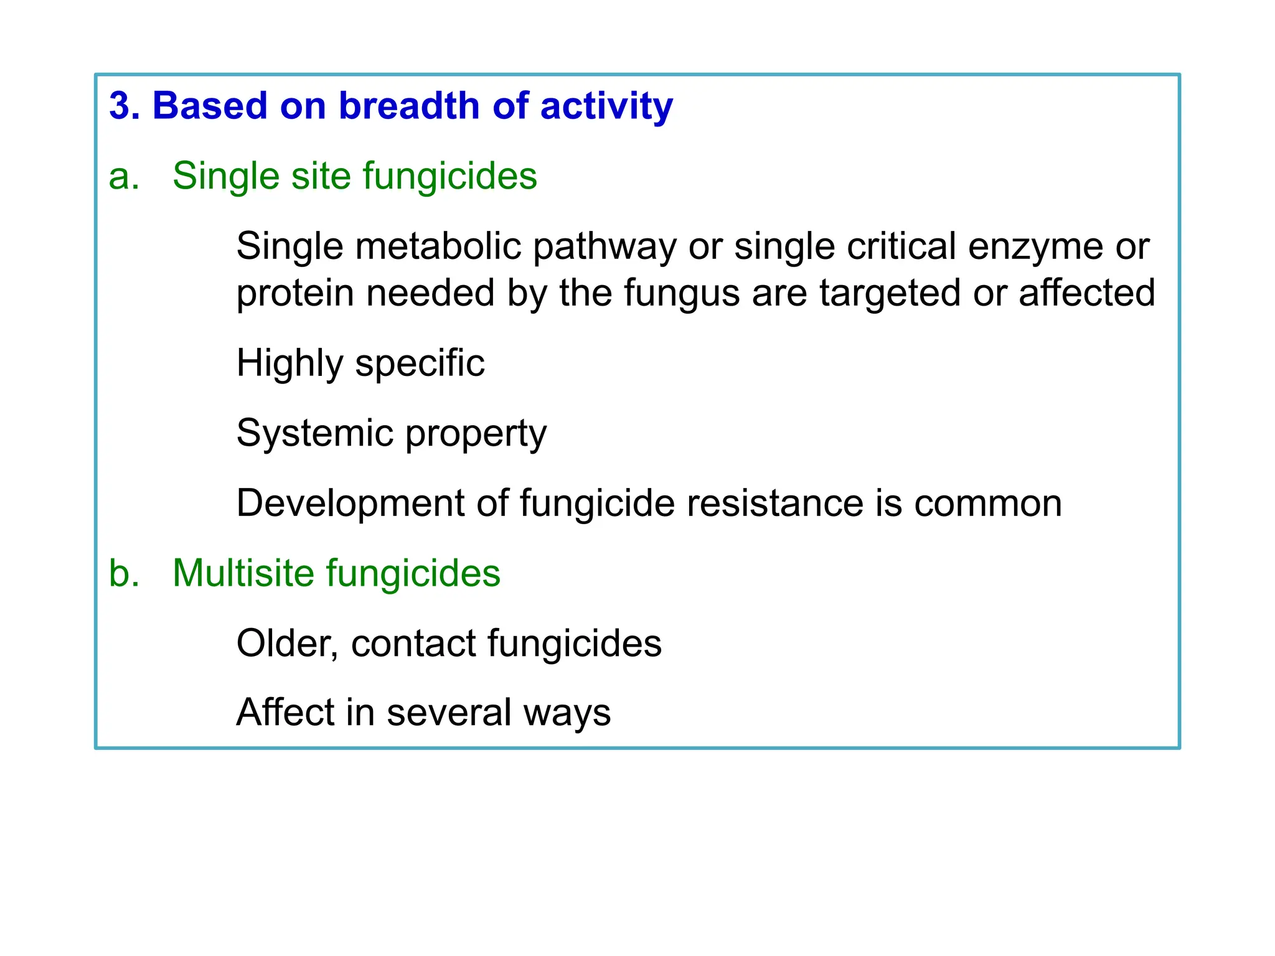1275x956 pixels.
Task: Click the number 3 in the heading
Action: pos(120,106)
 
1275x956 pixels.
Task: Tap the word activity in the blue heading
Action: pos(606,107)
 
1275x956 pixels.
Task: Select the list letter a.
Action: pos(123,176)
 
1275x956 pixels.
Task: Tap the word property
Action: pos(476,434)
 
